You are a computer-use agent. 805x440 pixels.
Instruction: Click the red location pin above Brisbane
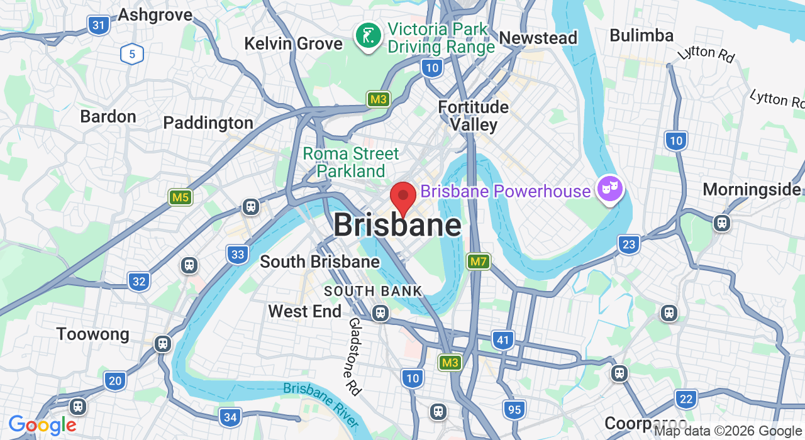click(x=403, y=197)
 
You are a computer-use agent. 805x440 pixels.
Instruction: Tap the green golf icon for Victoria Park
click(x=367, y=35)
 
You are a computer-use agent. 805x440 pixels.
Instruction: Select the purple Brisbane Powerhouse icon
click(x=609, y=189)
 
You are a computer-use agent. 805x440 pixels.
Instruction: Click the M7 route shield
click(x=478, y=261)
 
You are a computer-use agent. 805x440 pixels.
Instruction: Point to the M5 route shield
click(x=180, y=197)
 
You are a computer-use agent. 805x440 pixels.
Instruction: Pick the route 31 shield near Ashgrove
click(x=99, y=25)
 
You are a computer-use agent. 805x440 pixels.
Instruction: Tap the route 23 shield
click(x=629, y=244)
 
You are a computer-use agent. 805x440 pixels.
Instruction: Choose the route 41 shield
click(x=502, y=341)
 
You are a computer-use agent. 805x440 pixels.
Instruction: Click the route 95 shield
click(x=514, y=410)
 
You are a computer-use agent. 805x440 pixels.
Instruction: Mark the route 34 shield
click(x=230, y=417)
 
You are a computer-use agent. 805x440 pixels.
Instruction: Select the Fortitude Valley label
click(x=474, y=116)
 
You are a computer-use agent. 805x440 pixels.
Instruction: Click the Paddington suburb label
click(x=208, y=123)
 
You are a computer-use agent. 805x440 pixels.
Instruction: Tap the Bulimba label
click(x=641, y=35)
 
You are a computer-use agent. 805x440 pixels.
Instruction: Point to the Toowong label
click(x=92, y=334)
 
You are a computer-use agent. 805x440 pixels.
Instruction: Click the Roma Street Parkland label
click(x=351, y=162)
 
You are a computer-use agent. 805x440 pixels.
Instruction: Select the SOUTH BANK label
click(x=373, y=291)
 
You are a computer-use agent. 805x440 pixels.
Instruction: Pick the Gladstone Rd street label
click(x=355, y=356)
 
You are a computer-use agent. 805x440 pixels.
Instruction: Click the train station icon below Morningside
click(x=721, y=223)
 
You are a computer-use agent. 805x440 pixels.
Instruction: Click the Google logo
click(x=42, y=426)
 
